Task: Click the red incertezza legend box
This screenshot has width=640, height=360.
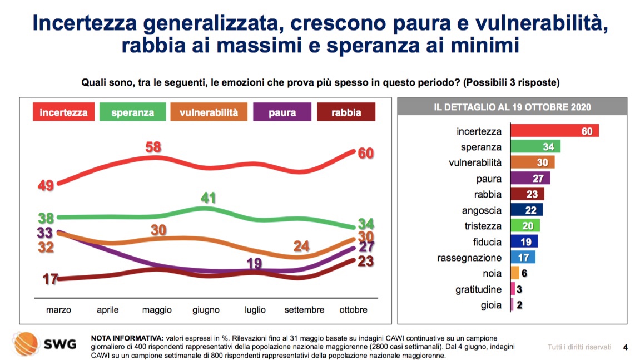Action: click(x=64, y=112)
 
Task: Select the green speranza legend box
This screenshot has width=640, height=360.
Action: click(x=132, y=112)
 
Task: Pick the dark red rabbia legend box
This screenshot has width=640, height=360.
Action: click(x=346, y=112)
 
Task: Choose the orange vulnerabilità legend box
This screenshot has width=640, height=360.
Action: click(x=209, y=112)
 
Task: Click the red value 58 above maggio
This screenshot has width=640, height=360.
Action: click(x=154, y=147)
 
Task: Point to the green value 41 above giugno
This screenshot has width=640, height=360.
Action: click(x=209, y=198)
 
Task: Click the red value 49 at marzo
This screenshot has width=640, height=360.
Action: click(x=46, y=186)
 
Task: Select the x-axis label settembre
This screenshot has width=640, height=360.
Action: click(x=304, y=310)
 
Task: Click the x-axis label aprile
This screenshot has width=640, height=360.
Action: click(x=108, y=310)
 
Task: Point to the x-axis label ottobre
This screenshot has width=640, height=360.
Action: click(x=353, y=310)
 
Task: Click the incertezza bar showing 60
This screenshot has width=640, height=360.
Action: click(x=554, y=131)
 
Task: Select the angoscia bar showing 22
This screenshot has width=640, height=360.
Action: click(x=526, y=210)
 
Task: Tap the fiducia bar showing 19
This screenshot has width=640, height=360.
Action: click(x=524, y=242)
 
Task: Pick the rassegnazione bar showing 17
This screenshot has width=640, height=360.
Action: click(x=523, y=258)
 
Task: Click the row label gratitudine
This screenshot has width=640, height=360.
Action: click(x=479, y=289)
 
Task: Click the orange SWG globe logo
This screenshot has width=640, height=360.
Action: click(x=25, y=343)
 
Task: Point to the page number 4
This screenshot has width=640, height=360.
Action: click(x=626, y=347)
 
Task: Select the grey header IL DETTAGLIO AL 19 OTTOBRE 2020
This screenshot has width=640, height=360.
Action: click(x=512, y=107)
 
